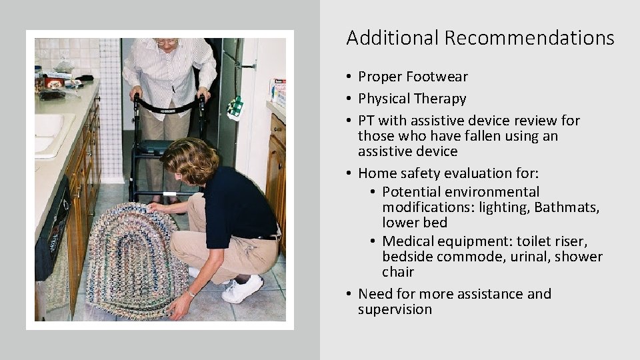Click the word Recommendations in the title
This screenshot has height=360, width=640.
[x=529, y=38]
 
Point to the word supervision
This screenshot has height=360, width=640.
[x=395, y=309]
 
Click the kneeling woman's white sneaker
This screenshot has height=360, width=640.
[x=243, y=290]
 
